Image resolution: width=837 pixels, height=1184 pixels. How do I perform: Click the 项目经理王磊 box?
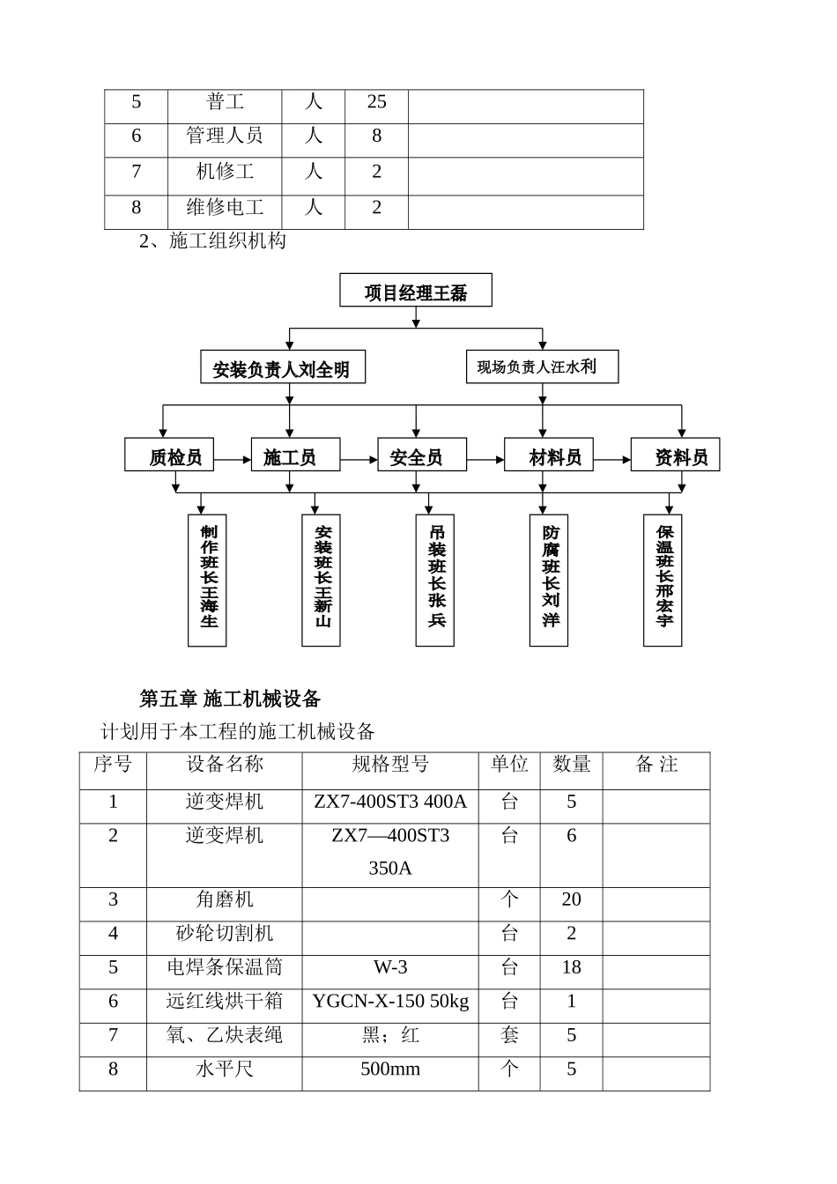point(416,291)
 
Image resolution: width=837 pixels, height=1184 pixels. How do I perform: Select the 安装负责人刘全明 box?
point(283,368)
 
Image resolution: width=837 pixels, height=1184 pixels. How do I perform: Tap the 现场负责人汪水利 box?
point(542,366)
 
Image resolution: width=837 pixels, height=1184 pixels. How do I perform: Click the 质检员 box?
point(169,455)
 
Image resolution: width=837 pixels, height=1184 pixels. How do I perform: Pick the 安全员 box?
point(422,455)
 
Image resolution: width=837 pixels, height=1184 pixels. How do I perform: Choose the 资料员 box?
point(675,455)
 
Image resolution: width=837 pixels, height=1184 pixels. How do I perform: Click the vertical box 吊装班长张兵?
point(435,580)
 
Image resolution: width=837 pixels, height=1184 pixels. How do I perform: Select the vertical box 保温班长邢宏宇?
point(663,580)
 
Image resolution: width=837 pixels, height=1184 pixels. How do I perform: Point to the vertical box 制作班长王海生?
point(207,580)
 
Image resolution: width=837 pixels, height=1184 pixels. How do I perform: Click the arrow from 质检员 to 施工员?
point(233,459)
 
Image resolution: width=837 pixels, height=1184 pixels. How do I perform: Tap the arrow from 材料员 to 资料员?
point(612,459)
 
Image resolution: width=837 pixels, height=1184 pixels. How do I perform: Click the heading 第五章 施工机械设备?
point(230,699)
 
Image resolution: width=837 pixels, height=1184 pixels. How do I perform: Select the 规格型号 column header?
point(390,765)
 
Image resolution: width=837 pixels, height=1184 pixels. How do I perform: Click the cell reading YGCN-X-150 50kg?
point(390,1002)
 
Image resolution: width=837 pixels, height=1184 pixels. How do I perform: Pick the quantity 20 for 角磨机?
point(571,899)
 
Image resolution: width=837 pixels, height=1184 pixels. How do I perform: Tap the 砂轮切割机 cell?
point(225,934)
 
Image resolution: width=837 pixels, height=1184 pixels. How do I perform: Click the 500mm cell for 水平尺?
point(390,1069)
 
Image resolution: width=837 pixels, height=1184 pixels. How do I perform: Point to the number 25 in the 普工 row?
point(376,102)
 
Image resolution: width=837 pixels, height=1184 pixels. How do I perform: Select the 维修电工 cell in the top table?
point(225,208)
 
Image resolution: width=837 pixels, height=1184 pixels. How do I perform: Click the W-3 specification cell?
point(390,967)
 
